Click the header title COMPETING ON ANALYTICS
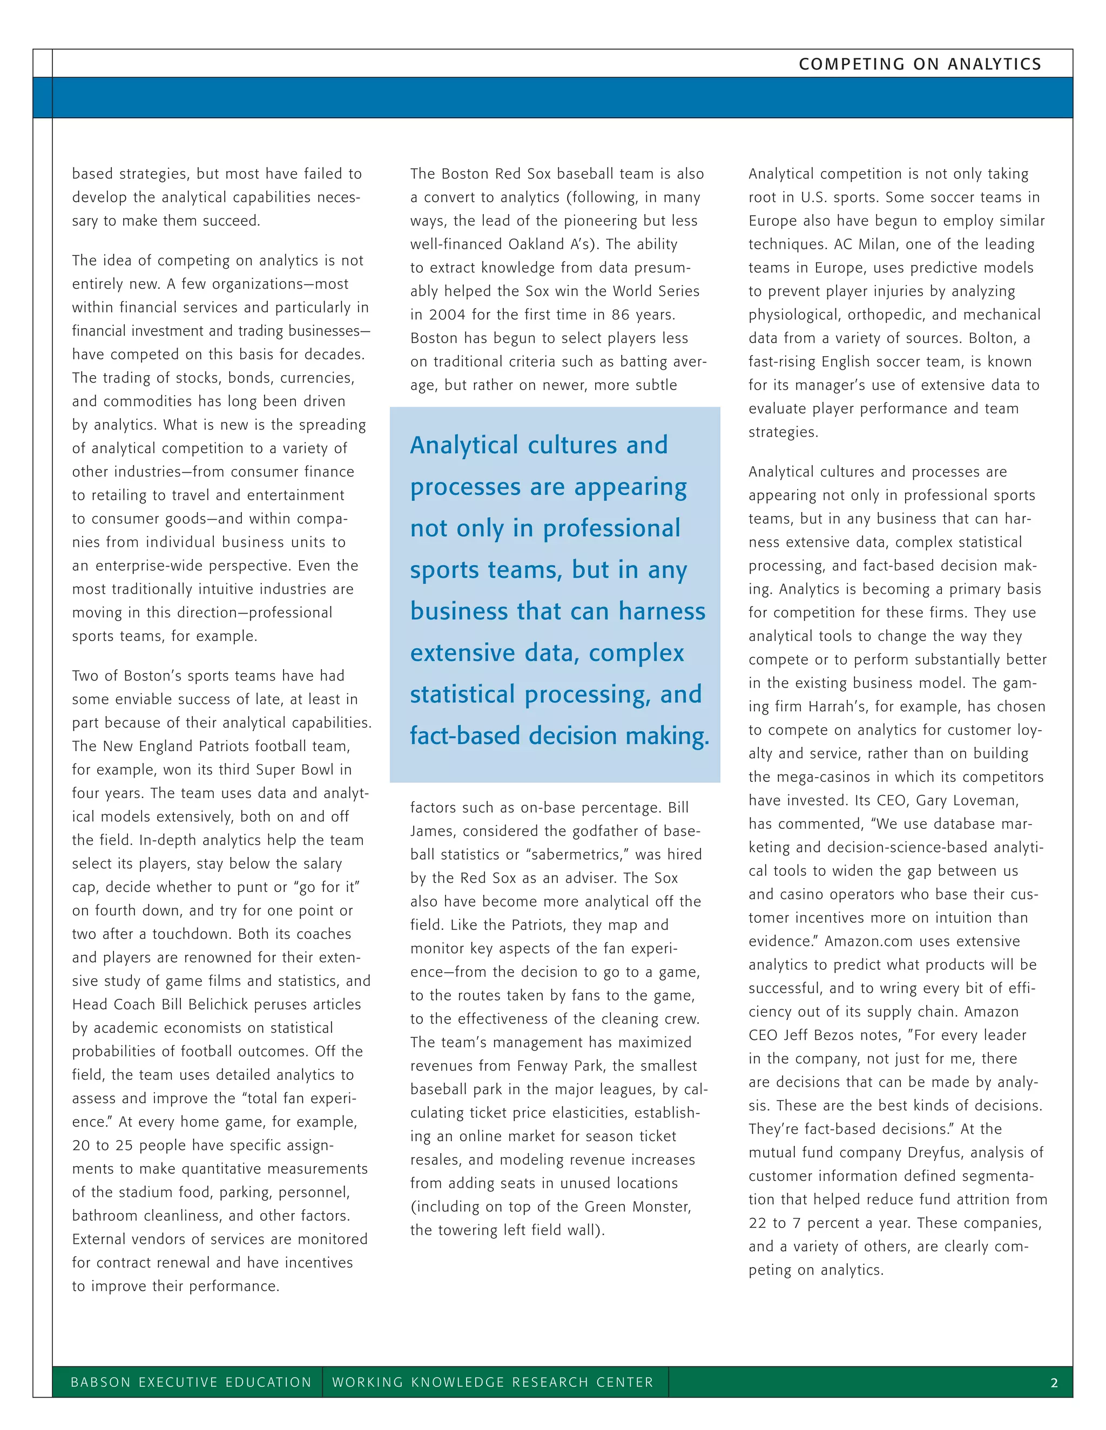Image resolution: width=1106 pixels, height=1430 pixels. click(x=920, y=64)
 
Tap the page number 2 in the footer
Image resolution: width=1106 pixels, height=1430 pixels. click(x=1054, y=1383)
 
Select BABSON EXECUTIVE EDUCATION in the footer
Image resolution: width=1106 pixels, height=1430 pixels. click(x=191, y=1382)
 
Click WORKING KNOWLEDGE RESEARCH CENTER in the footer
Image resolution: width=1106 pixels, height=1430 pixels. click(x=493, y=1382)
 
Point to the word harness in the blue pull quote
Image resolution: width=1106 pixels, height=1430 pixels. click(x=662, y=611)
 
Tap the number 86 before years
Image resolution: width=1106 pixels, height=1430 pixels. click(x=620, y=315)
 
